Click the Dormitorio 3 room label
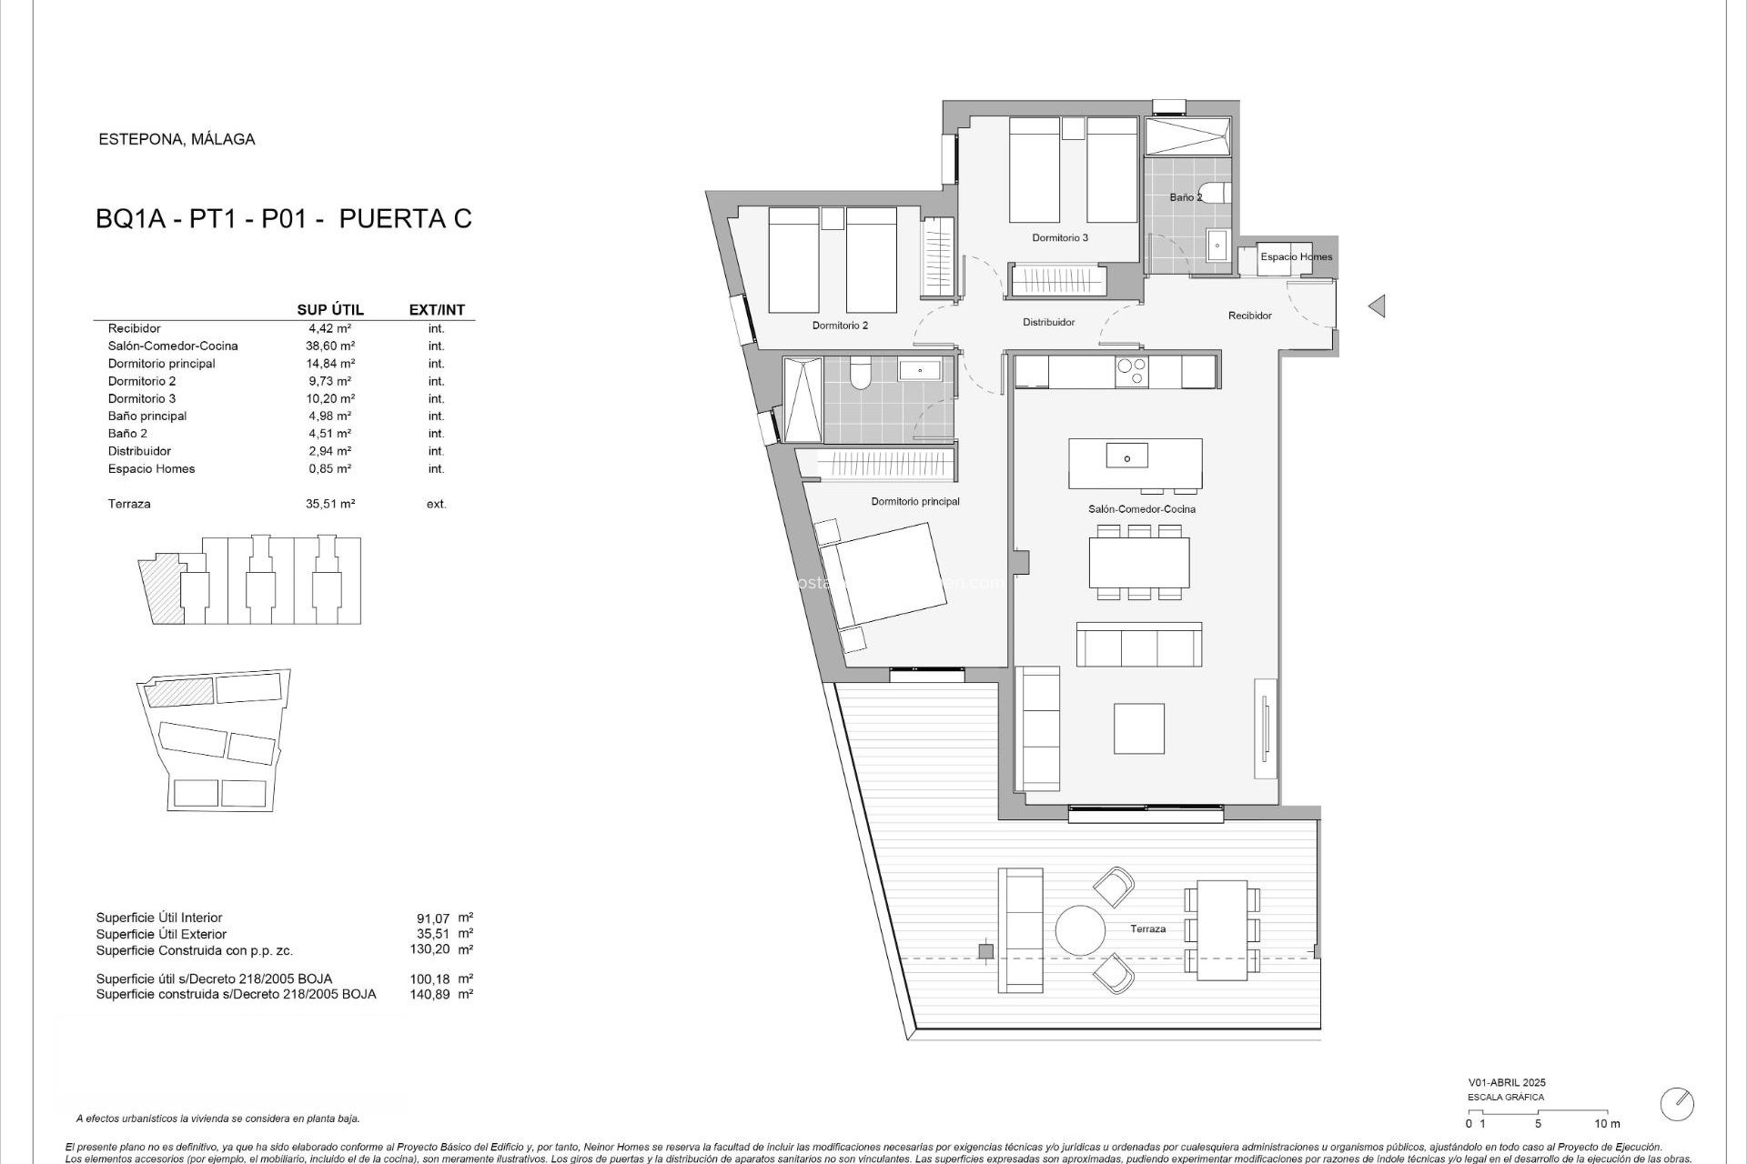(1060, 238)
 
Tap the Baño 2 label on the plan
(1186, 197)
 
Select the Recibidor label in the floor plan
(1249, 316)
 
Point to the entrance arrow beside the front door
(1377, 306)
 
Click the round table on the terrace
(1080, 930)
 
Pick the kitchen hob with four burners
(1132, 372)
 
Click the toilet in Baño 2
(1222, 193)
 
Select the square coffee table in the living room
(1139, 728)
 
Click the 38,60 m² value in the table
(329, 346)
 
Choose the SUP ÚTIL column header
(330, 310)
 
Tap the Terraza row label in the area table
(129, 504)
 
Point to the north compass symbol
(1676, 1104)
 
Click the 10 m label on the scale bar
(1607, 1124)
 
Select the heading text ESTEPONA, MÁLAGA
(177, 139)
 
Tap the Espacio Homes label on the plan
(1296, 257)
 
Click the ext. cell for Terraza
(436, 504)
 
